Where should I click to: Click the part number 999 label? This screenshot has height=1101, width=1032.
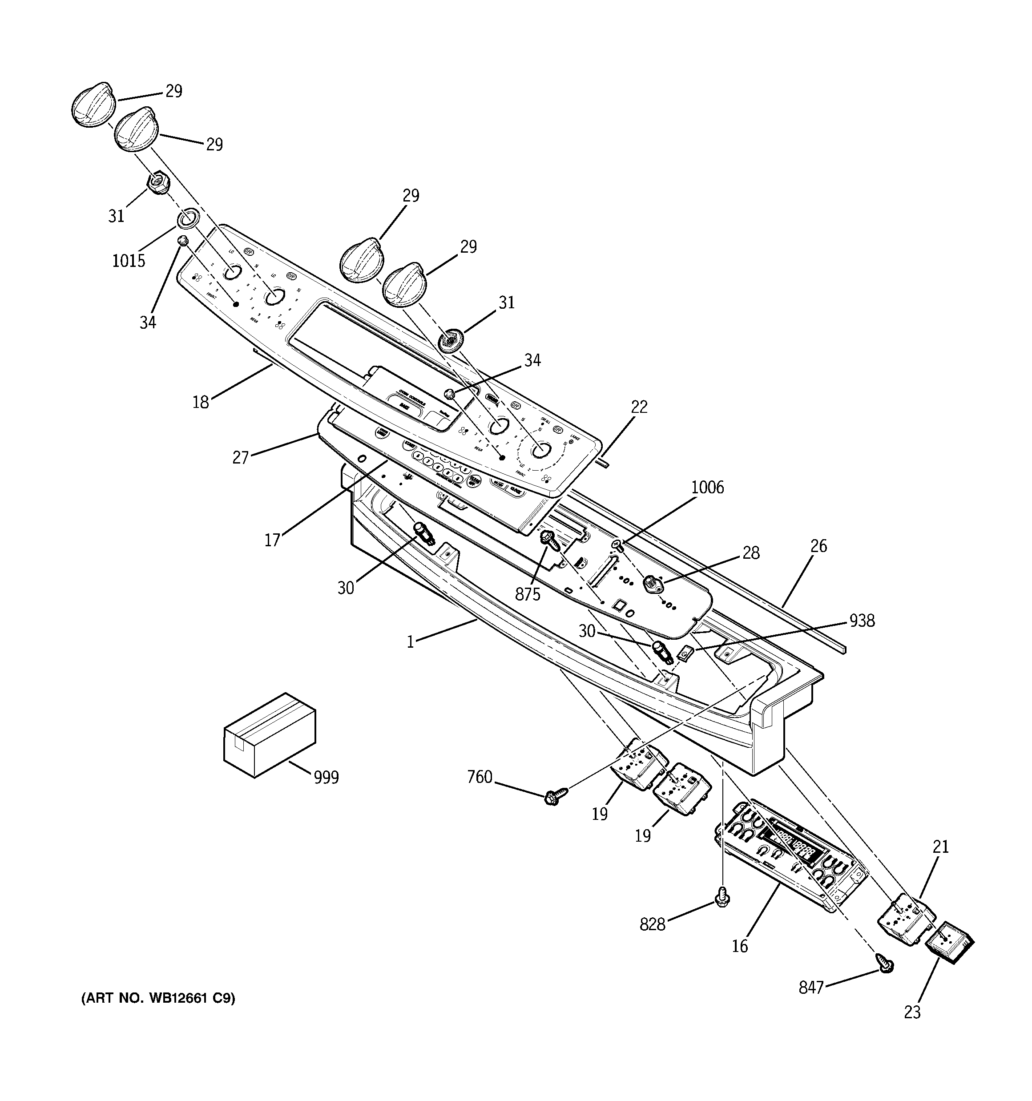[326, 778]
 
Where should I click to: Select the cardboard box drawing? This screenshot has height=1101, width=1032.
[269, 735]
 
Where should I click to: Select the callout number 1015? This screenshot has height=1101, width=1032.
[129, 260]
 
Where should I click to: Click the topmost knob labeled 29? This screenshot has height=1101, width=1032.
[93, 105]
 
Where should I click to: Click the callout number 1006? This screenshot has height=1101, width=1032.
[707, 488]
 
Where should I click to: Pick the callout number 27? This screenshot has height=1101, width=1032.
[240, 457]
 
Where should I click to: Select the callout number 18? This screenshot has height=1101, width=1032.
[201, 402]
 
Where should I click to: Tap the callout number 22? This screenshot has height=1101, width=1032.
[639, 407]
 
